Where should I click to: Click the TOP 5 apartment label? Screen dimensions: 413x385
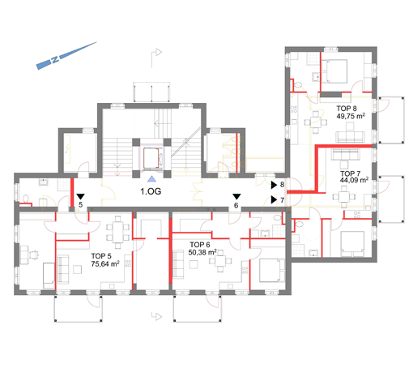101,256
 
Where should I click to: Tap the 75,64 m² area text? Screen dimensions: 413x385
105,263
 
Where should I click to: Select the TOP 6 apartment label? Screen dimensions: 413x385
200,245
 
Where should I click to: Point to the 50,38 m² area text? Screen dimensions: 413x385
202,252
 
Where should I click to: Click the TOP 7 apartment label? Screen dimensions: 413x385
350,173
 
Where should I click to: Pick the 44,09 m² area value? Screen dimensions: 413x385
354,180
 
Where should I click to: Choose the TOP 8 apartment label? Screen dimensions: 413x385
347,109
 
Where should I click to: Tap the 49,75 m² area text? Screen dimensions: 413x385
351,116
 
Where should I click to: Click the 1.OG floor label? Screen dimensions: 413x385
151,191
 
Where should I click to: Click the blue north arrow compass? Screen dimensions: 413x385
66,56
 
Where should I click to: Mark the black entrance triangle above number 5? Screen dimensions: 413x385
80,196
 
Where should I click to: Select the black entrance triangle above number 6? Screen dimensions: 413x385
236,196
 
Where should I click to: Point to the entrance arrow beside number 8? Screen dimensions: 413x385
274,185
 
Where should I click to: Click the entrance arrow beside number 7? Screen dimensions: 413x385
274,200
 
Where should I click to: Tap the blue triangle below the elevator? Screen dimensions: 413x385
151,178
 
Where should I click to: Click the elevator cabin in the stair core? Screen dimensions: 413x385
151,158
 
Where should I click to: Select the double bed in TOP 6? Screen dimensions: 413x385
271,270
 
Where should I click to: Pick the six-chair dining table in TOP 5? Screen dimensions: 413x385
117,232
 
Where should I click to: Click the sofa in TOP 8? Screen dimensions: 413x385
350,137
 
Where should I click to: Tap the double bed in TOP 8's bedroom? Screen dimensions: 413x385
334,71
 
